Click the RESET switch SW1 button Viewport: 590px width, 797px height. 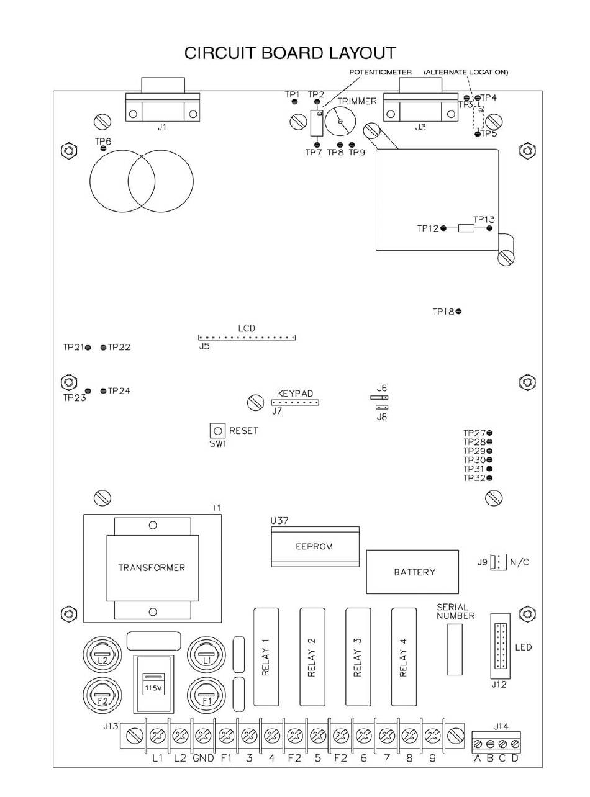click(217, 430)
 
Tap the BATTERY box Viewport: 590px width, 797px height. click(414, 572)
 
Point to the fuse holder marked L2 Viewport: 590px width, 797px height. click(102, 655)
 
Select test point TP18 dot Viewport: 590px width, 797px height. click(458, 312)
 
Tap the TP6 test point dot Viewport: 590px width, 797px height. click(103, 148)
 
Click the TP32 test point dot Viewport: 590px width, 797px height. click(489, 478)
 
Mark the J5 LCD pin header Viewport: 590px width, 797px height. click(247, 338)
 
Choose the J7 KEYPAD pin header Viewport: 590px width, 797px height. click(294, 402)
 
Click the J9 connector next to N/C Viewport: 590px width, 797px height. click(496, 562)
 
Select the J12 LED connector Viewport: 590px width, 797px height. click(501, 646)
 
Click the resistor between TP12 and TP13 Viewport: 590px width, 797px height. click(466, 228)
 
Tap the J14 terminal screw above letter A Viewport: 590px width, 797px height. click(478, 743)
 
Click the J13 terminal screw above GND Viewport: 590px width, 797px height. click(203, 736)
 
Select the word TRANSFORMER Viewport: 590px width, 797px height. click(152, 567)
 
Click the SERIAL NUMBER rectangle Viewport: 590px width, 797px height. click(455, 649)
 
